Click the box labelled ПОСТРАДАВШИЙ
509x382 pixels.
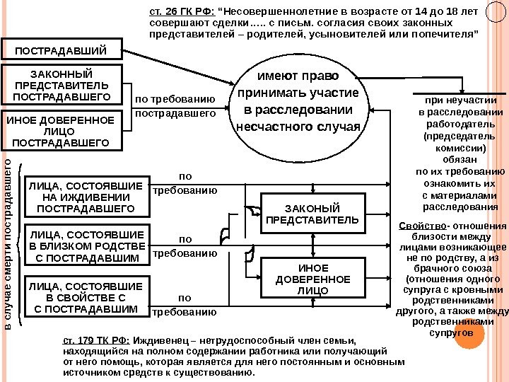[x=62, y=50]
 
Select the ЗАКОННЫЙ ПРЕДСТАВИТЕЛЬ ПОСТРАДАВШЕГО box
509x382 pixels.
[x=62, y=84]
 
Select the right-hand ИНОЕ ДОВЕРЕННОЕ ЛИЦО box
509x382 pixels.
[x=312, y=279]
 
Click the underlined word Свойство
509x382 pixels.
[x=413, y=226]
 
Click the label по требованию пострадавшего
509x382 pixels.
[x=175, y=106]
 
